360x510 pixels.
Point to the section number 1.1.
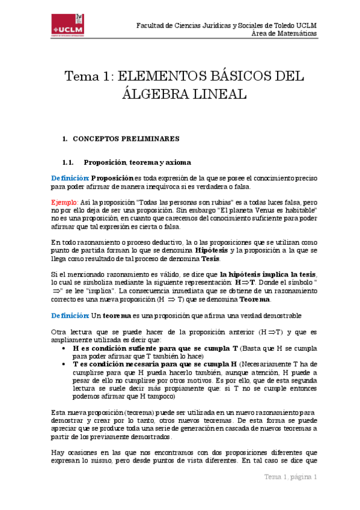click(67, 162)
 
